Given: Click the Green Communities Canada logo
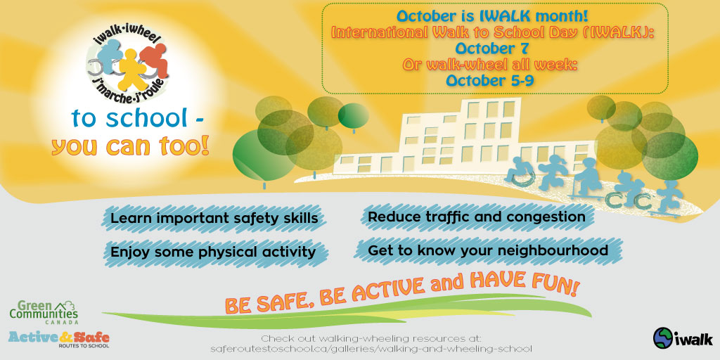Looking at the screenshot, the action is tap(44, 312).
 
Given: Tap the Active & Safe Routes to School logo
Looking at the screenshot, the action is tap(59, 340).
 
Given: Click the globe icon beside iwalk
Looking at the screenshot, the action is tap(662, 337).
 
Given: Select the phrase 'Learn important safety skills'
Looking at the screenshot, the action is tap(214, 218).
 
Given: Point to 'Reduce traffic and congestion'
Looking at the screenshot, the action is tap(477, 217).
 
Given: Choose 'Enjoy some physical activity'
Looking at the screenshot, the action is tap(213, 252).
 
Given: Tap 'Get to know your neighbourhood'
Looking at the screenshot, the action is tap(488, 250).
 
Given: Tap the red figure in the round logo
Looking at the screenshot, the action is tap(153, 60).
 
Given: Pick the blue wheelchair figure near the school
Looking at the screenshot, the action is tap(518, 172).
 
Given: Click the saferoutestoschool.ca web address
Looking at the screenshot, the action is tap(371, 349).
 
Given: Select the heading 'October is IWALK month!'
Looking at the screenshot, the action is tap(492, 17).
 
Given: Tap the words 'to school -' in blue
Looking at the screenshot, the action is tap(137, 118).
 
